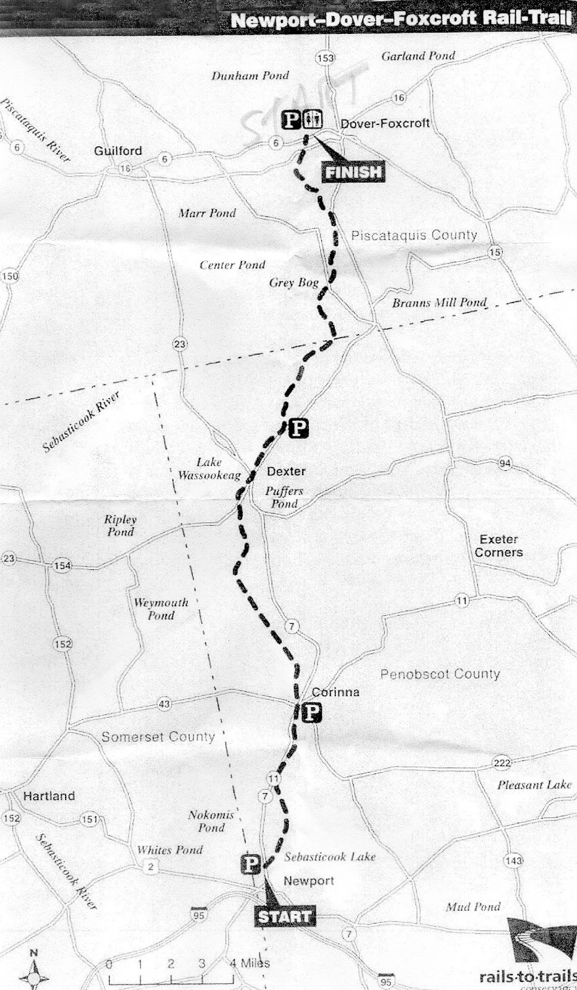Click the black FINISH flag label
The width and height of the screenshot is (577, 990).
pyautogui.click(x=354, y=172)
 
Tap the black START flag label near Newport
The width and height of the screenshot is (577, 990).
pyautogui.click(x=284, y=916)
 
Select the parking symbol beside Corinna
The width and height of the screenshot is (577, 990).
pyautogui.click(x=312, y=713)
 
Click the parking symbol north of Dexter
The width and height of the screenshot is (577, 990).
pyautogui.click(x=298, y=428)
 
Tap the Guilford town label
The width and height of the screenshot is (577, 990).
pyautogui.click(x=118, y=151)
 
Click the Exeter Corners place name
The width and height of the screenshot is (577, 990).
pyautogui.click(x=498, y=546)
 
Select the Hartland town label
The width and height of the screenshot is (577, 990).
pyautogui.click(x=49, y=796)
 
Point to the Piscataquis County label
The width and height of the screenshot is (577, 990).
pyautogui.click(x=414, y=235)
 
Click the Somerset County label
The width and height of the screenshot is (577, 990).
pyautogui.click(x=158, y=737)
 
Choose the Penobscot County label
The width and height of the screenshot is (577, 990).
pyautogui.click(x=440, y=674)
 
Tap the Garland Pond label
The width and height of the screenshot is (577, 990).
pyautogui.click(x=418, y=56)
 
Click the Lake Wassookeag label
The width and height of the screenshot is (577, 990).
pyautogui.click(x=209, y=469)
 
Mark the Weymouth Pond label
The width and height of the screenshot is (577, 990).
pyautogui.click(x=161, y=609)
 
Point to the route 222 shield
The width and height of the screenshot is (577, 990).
pyautogui.click(x=501, y=763)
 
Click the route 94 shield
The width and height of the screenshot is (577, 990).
pyautogui.click(x=505, y=463)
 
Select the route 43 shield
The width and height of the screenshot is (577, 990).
pyautogui.click(x=164, y=704)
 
